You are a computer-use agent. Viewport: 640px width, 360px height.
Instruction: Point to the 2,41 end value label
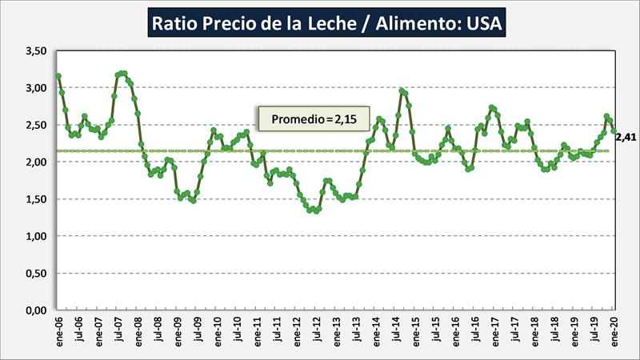[626, 138]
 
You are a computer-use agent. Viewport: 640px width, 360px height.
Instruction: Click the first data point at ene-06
[58, 76]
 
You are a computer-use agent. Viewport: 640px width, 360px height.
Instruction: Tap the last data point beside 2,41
[614, 131]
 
